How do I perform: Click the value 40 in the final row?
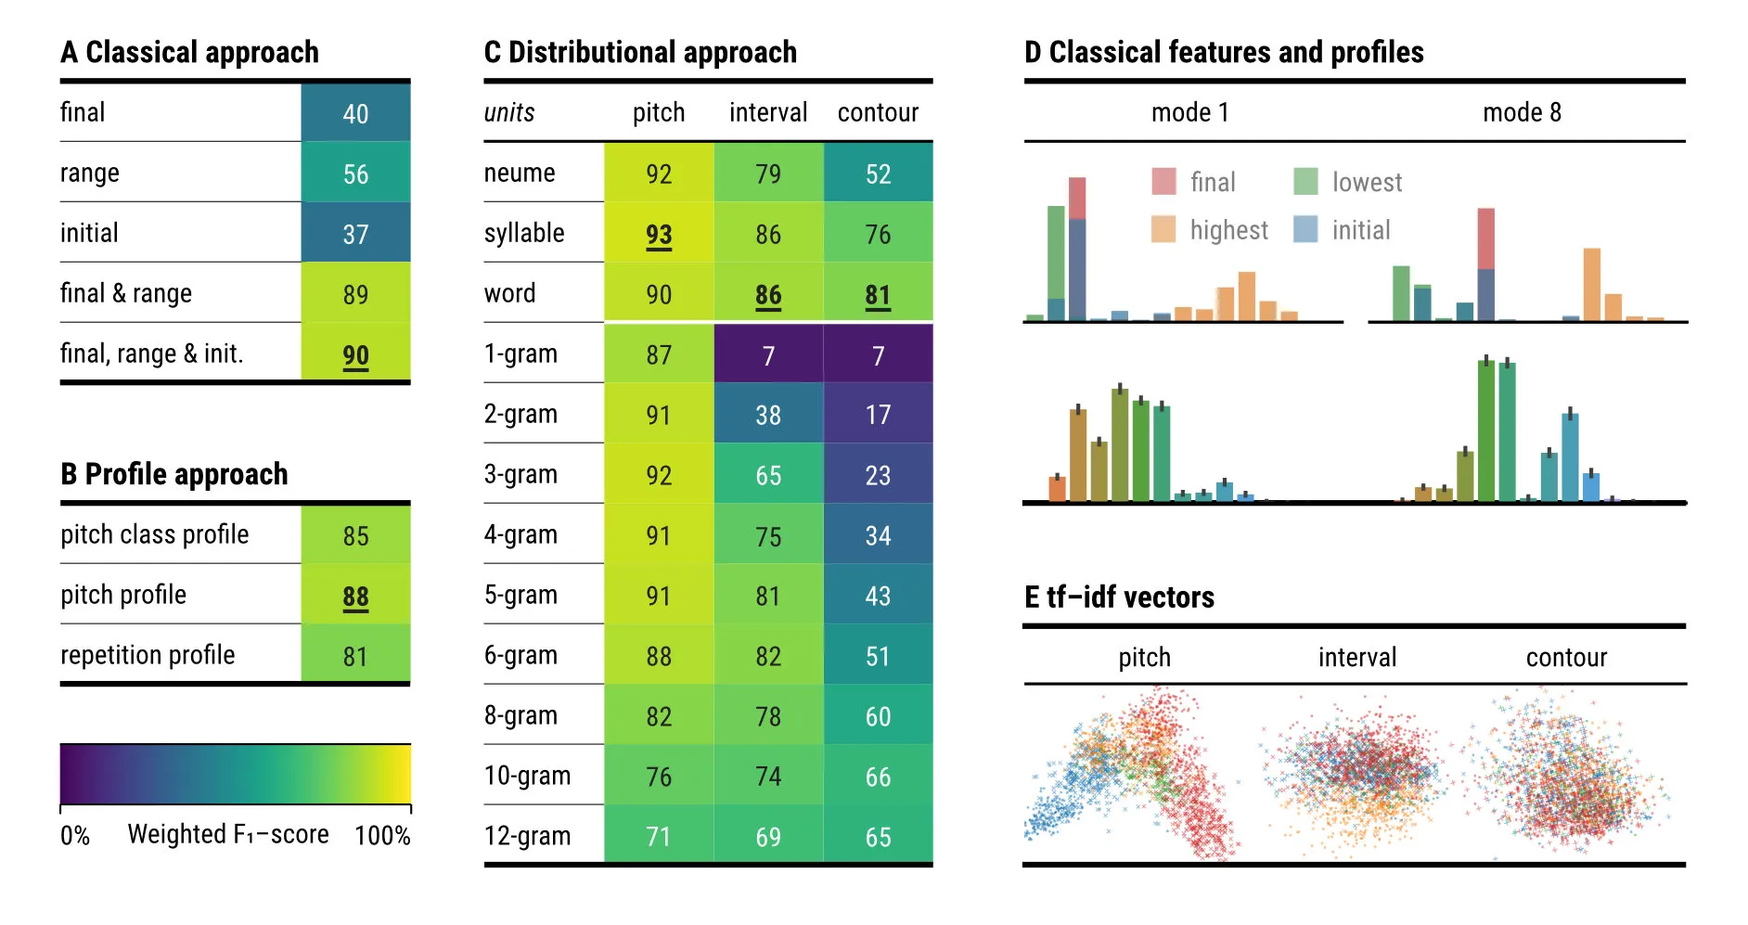[355, 113]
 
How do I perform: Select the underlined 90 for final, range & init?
[355, 354]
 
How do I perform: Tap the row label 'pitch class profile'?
[155, 534]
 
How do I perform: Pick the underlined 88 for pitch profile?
[355, 597]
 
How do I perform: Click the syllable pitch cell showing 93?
[659, 234]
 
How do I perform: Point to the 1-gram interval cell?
[768, 354]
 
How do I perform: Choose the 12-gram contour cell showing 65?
[878, 837]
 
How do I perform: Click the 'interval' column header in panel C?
[768, 112]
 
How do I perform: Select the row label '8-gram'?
[521, 715]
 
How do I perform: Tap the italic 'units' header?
[509, 112]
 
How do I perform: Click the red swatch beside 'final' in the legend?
[1163, 181]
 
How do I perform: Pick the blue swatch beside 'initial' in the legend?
[1305, 229]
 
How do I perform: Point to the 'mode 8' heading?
[1522, 112]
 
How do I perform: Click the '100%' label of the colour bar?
[382, 835]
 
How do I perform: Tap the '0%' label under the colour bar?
[75, 835]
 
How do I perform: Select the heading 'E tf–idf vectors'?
[1119, 597]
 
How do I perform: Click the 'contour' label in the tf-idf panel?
[1566, 657]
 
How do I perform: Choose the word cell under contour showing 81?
[878, 294]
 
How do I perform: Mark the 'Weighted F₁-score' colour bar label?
[228, 834]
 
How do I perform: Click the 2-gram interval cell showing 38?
[768, 415]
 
